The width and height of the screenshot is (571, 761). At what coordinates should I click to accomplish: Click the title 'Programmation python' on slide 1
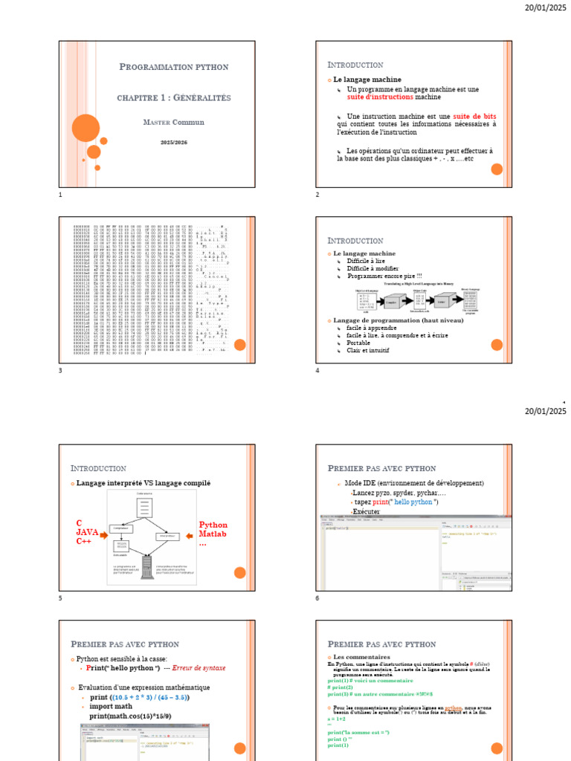(x=174, y=67)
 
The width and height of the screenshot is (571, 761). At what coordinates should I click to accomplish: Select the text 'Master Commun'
(x=173, y=122)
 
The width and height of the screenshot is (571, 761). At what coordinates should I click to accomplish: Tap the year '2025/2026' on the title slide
(x=173, y=141)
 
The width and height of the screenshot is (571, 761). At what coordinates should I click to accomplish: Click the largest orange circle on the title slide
(x=86, y=128)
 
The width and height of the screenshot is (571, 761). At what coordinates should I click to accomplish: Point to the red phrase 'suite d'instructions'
(x=379, y=97)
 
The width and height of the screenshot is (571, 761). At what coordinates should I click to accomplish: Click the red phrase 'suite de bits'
(x=474, y=117)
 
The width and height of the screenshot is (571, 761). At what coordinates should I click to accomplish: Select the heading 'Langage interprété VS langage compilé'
(x=143, y=483)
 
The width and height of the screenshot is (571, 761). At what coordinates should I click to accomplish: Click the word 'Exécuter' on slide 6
(x=366, y=512)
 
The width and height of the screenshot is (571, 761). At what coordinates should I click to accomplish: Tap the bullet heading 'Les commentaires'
(x=361, y=658)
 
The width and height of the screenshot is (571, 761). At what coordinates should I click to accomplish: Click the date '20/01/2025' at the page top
(x=546, y=7)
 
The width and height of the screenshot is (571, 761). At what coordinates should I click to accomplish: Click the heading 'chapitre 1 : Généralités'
(x=174, y=98)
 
